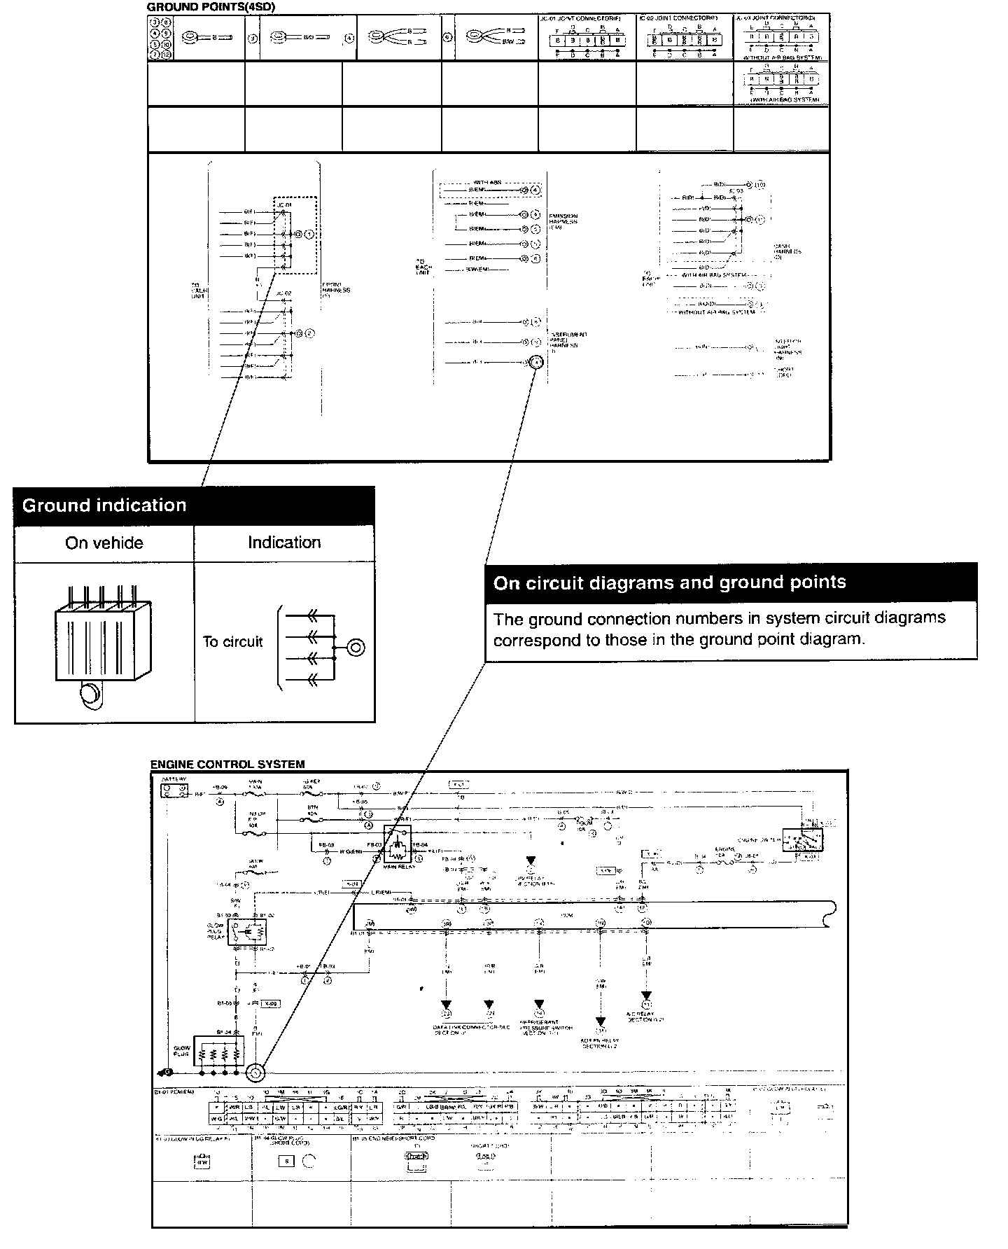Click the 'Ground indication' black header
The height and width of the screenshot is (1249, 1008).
tap(104, 505)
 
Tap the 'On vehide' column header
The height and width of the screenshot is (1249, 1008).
tap(104, 543)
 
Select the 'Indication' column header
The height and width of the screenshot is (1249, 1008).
tap(284, 543)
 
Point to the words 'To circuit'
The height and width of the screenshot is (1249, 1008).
tap(232, 642)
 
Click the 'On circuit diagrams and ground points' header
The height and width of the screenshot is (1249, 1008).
tap(669, 582)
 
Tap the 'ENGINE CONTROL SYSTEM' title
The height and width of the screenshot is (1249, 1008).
tap(227, 765)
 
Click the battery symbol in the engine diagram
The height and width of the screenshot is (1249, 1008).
tap(174, 791)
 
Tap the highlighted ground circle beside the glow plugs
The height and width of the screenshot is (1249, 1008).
tap(255, 1073)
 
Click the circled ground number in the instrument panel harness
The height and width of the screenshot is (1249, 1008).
tap(535, 362)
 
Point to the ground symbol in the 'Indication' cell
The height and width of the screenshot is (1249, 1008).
tap(356, 647)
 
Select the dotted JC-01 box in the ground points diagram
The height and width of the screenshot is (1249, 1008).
tap(295, 235)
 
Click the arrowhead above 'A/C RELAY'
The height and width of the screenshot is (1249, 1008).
tap(646, 996)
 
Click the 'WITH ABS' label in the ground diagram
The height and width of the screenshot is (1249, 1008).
tap(487, 183)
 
